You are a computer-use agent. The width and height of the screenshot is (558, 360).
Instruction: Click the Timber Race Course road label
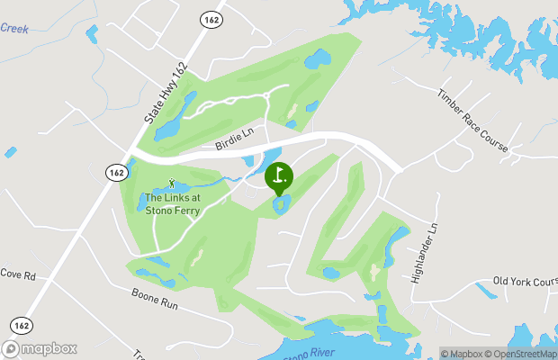[x=472, y=120]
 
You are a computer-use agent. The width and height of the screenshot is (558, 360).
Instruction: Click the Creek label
[x=13, y=29]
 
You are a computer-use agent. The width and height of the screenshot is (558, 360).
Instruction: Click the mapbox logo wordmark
[x=40, y=348]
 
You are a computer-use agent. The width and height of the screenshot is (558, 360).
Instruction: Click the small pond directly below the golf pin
[x=281, y=207]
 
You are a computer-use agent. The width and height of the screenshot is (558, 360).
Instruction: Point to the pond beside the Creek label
[x=91, y=33]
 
